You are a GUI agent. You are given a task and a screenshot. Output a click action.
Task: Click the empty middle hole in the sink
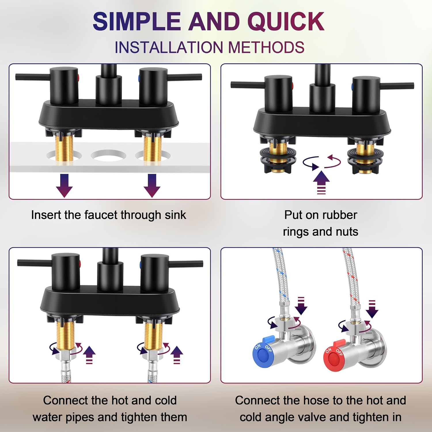pyautogui.click(x=108, y=155)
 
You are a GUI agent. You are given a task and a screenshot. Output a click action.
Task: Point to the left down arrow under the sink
pyautogui.click(x=64, y=185)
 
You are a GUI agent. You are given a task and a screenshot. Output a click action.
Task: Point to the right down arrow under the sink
pyautogui.click(x=152, y=185)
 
